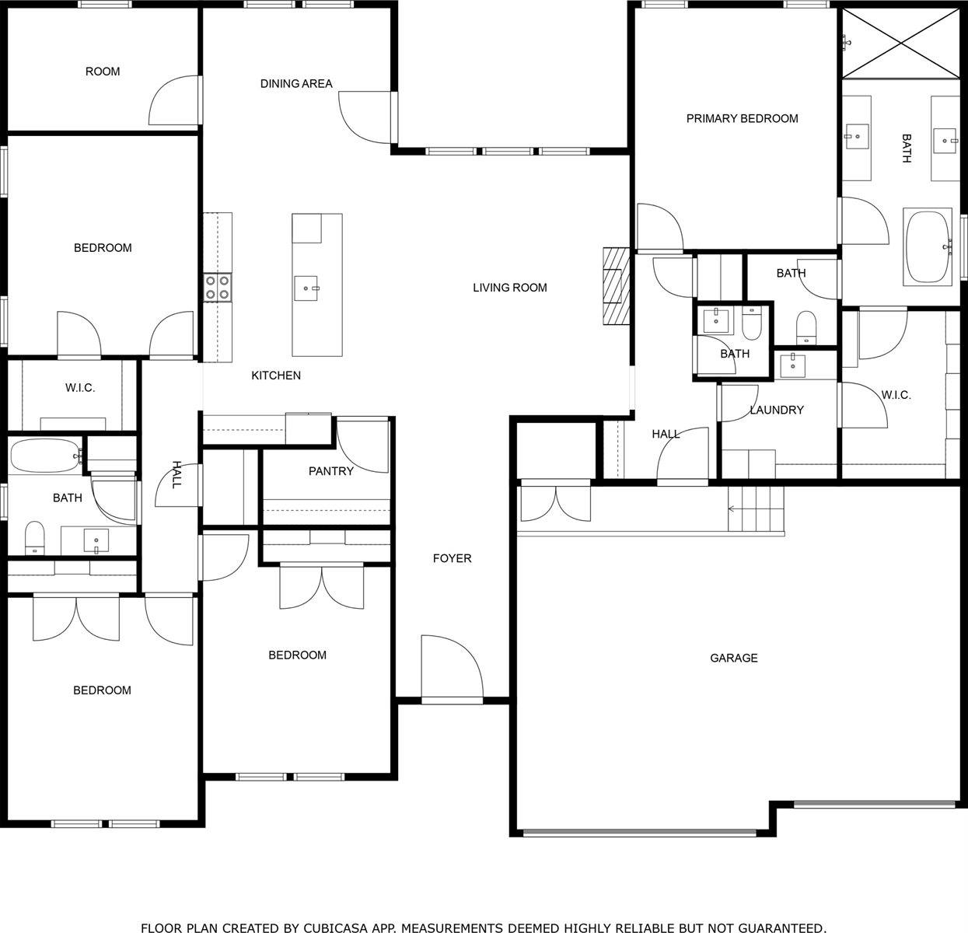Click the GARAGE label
point(733,658)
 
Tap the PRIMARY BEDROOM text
point(742,119)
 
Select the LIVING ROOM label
point(509,288)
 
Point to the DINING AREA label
point(296,84)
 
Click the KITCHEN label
point(275,376)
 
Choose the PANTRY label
point(330,471)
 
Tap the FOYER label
point(452,558)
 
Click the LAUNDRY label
point(776,410)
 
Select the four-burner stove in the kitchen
point(218,288)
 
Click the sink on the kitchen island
point(307,288)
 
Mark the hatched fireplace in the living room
point(616,285)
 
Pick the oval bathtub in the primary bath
point(928,246)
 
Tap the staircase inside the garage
point(756,508)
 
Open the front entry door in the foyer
point(451,669)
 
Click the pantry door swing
point(362,446)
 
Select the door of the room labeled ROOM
point(176,101)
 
